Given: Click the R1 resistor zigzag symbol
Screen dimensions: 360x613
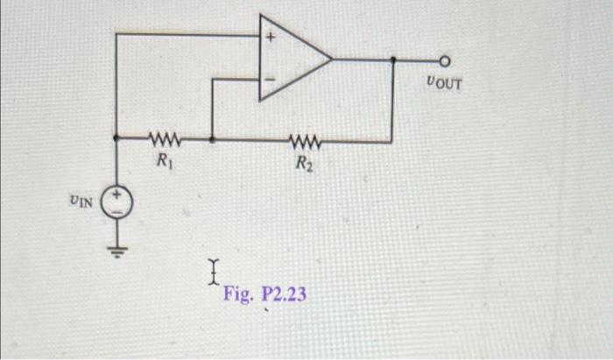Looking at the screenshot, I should point(164,138).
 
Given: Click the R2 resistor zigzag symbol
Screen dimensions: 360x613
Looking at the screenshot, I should point(306,139).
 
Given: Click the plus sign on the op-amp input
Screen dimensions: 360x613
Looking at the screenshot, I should point(271,39).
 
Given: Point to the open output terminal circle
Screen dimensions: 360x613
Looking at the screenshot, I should point(445,61).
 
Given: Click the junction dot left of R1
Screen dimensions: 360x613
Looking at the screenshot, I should point(117,138).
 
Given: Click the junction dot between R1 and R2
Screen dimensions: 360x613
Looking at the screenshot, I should point(213,138).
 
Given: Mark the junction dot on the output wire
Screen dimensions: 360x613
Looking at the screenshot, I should point(391,60).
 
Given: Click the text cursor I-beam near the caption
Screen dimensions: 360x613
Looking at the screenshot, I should point(213,272).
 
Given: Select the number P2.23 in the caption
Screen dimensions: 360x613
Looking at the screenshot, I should point(281,293).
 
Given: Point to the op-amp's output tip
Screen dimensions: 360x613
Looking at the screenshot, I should point(333,60).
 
